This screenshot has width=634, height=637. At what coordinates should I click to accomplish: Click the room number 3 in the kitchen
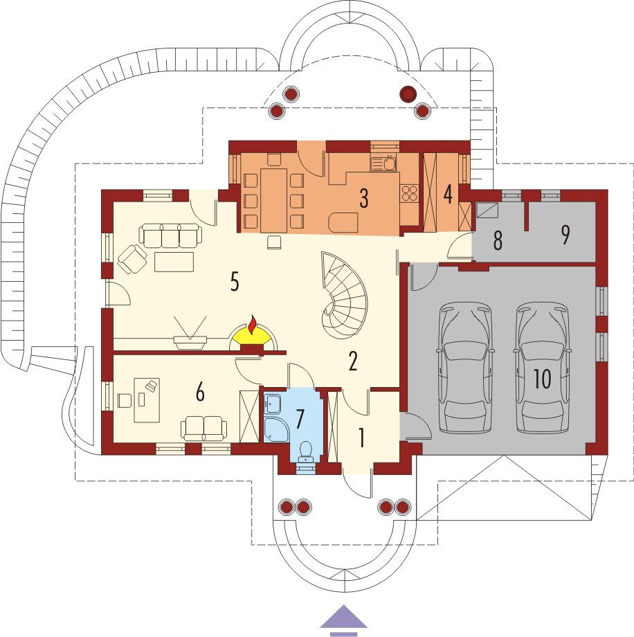click(364, 198)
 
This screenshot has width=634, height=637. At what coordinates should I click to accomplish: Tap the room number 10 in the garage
click(542, 379)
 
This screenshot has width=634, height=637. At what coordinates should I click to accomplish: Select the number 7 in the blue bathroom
click(300, 419)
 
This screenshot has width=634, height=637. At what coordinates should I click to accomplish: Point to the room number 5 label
click(235, 281)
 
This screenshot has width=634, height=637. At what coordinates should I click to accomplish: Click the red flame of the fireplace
click(253, 324)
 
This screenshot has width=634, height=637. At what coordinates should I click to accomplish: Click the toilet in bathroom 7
click(305, 451)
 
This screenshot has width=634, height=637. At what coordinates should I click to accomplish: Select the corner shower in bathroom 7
click(275, 429)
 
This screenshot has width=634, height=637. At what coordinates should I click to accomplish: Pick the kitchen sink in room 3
click(383, 164)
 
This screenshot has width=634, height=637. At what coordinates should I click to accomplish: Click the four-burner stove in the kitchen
click(409, 193)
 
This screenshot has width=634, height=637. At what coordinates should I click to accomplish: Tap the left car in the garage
click(465, 368)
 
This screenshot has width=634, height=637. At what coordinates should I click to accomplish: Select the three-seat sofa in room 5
click(170, 235)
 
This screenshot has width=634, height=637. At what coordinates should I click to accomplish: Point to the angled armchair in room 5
click(132, 259)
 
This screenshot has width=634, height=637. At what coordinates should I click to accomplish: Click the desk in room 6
click(147, 400)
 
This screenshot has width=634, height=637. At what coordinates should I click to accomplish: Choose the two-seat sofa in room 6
click(203, 428)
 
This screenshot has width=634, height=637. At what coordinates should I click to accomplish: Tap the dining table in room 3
click(274, 201)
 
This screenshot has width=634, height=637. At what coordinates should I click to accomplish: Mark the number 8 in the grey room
click(498, 240)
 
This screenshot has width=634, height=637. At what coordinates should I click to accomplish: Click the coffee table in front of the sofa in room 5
click(174, 262)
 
